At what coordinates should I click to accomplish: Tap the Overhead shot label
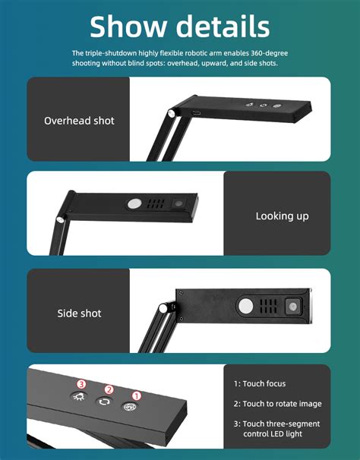[x=79, y=120]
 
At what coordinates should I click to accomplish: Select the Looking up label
[x=282, y=216]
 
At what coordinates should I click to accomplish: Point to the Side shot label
[x=79, y=313]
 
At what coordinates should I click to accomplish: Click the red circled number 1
[x=137, y=395]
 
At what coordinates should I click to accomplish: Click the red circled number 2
[x=109, y=389]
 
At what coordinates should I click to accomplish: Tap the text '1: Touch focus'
[x=260, y=384]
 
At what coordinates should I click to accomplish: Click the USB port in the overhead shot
[x=197, y=115]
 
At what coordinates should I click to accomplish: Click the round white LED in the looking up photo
[x=134, y=203]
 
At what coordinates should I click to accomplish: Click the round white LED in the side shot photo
[x=247, y=306]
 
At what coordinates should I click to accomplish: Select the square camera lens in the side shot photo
[x=292, y=307]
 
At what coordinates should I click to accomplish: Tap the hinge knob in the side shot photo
[x=163, y=308]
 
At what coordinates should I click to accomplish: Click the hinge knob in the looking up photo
[x=60, y=220]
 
